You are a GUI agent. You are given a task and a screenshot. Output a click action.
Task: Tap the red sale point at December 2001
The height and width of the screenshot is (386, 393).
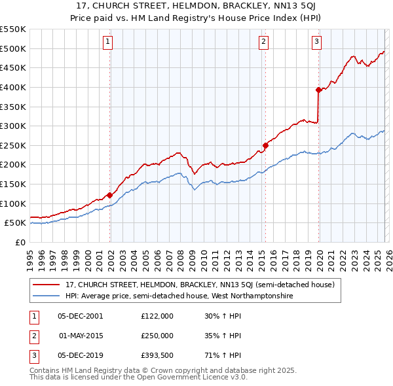[109, 195]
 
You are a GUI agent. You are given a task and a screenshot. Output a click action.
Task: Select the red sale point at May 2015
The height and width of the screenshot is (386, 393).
[265, 145]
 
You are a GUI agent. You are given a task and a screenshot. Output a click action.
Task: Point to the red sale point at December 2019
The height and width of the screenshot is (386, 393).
[318, 90]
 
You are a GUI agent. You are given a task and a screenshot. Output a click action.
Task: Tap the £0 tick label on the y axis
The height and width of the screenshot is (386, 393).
[20, 242]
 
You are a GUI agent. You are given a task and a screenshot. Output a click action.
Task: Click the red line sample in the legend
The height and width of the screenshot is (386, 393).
[47, 285]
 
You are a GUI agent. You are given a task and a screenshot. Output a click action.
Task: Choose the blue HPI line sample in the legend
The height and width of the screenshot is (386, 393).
[47, 296]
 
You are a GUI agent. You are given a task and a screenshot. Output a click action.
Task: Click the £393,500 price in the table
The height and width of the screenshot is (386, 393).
[157, 356]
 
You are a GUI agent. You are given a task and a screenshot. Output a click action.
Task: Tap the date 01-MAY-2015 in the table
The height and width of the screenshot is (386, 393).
[81, 336]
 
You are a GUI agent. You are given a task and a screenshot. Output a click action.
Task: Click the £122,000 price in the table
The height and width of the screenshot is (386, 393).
[157, 315]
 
